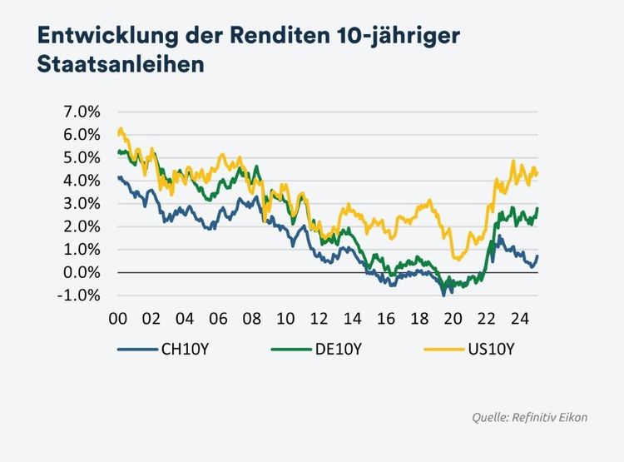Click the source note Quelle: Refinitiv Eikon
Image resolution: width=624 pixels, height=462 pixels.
[x=530, y=416]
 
